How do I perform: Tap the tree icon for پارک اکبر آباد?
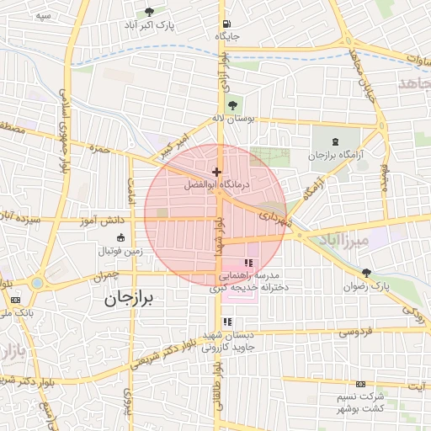pyautogui.click(x=149, y=12)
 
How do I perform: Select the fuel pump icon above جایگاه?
pyautogui.click(x=226, y=24)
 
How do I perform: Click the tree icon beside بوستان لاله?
pyautogui.click(x=232, y=104)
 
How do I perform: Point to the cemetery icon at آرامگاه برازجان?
pyautogui.click(x=335, y=141)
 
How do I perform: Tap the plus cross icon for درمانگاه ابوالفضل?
pyautogui.click(x=216, y=172)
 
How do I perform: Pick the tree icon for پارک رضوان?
pyautogui.click(x=365, y=273)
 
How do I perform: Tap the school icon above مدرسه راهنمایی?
pyautogui.click(x=247, y=263)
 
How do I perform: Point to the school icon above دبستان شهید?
pyautogui.click(x=227, y=322)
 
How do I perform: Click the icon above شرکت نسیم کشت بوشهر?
pyautogui.click(x=361, y=384)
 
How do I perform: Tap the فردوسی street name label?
pyautogui.click(x=355, y=333)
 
